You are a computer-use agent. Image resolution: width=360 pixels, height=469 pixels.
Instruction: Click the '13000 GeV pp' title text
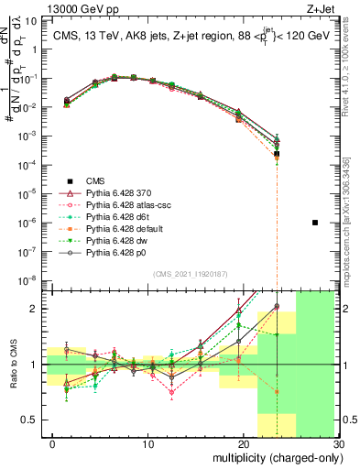[46, 8]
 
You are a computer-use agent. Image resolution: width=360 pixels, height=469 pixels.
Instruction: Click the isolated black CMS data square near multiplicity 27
[315, 223]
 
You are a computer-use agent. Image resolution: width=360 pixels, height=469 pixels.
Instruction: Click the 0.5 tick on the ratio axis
[35, 420]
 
